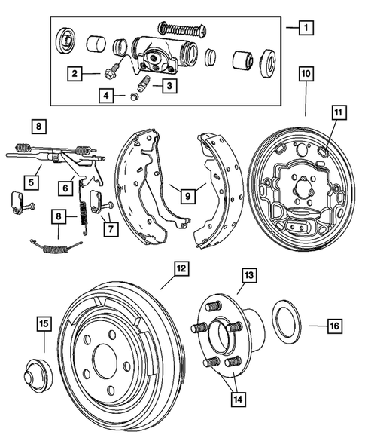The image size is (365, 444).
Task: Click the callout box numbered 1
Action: (304, 29)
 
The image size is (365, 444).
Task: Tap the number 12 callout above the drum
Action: (181, 268)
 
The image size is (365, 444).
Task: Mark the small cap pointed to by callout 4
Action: (133, 95)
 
